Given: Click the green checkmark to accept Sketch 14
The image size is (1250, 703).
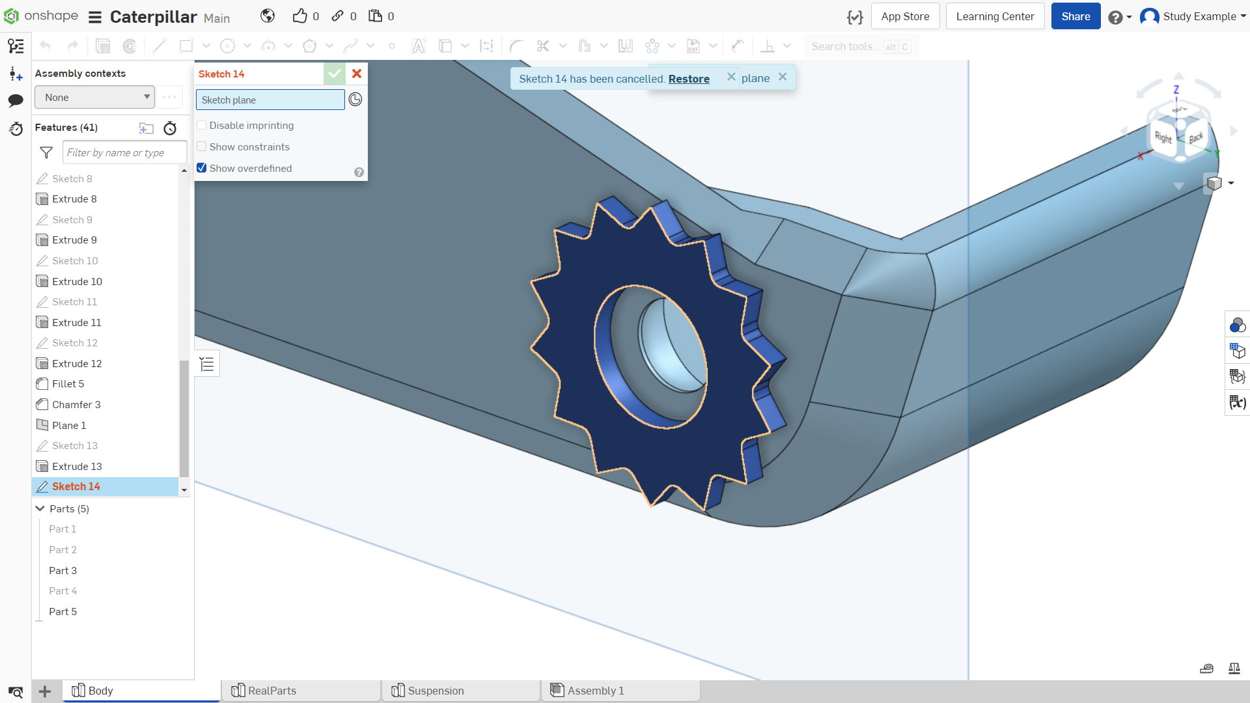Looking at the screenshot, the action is (335, 74).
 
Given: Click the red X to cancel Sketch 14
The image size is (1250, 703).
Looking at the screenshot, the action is (357, 74).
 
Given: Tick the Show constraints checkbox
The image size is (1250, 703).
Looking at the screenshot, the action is (202, 146).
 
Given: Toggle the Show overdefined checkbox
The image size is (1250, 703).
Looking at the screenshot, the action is (202, 168).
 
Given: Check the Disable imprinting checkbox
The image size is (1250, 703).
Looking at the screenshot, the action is (202, 125).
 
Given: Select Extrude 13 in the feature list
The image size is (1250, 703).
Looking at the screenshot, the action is (77, 466).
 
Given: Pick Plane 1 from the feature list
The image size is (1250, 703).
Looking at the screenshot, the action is (69, 425).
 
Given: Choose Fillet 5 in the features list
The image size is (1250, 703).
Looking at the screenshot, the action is (68, 384).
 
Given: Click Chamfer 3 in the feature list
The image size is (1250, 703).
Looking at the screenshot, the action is (76, 404).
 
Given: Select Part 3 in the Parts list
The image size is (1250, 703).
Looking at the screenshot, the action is (63, 571).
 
